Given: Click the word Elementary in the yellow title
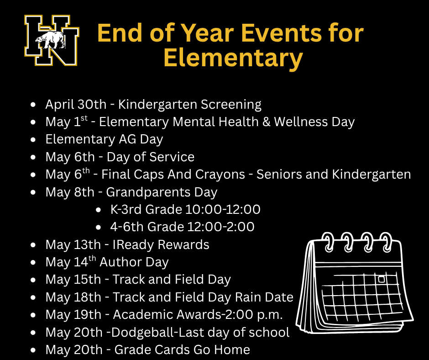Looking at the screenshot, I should click(x=233, y=58).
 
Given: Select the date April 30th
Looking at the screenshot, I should click(x=75, y=105).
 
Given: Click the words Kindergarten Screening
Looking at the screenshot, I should click(x=190, y=105).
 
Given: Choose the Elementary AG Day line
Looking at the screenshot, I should click(x=104, y=139).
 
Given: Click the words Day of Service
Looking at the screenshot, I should click(x=151, y=157).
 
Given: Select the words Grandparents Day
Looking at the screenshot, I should click(x=162, y=192).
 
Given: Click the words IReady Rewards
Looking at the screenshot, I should click(x=161, y=245).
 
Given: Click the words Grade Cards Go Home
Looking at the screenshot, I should click(x=182, y=350).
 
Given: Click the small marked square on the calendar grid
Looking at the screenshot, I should click(x=381, y=279).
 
